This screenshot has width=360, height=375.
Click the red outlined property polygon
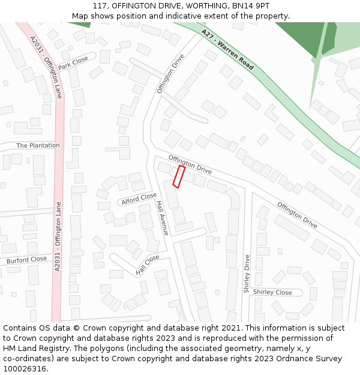[178, 176]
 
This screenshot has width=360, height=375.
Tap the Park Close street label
[73, 63]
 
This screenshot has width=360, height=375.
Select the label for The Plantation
[38, 145]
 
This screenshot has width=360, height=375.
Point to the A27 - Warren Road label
[227, 50]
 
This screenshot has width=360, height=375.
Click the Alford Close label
[139, 198]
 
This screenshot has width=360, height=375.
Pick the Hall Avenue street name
[161, 217]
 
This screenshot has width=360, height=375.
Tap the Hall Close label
[148, 265]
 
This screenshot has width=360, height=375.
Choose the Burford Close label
[26, 260]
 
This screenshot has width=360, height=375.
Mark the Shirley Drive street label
[247, 274]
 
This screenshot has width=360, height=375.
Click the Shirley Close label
[272, 292]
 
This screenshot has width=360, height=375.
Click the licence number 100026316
[25, 369]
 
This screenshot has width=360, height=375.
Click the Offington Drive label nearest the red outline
[190, 164]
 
